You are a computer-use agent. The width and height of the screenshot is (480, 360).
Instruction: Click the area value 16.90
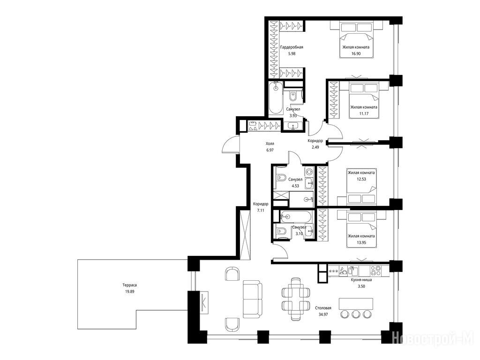pyautogui.click(x=356, y=53)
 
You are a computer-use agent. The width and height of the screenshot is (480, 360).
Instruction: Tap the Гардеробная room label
pyautogui.click(x=292, y=47)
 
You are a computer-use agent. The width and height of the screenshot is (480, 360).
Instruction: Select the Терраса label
pyautogui.click(x=129, y=285)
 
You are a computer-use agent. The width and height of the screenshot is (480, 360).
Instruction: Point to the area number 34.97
pyautogui.click(x=323, y=315)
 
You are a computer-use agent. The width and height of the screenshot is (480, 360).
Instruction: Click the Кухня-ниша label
pyautogui.click(x=361, y=280)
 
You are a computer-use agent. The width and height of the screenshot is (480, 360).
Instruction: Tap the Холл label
pyautogui.click(x=270, y=143)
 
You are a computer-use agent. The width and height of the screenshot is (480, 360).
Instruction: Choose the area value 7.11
pyautogui.click(x=261, y=210)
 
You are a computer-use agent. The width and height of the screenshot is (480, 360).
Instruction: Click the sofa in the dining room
pyautogui.click(x=253, y=300)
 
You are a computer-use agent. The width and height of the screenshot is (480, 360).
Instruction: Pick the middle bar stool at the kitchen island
pyautogui.click(x=356, y=314)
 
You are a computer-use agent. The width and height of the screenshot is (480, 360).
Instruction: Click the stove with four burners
pyautogui.click(x=375, y=270)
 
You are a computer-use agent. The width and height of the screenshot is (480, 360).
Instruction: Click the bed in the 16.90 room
pyautogui.click(x=356, y=40)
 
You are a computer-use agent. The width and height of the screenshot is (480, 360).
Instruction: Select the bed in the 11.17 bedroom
pyautogui.click(x=364, y=100)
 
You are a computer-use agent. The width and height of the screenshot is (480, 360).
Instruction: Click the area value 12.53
pyautogui.click(x=361, y=179)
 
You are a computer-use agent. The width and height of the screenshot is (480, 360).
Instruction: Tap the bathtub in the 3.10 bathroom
pyautogui.click(x=296, y=217)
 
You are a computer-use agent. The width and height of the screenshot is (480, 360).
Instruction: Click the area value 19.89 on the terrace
pyautogui.click(x=129, y=292)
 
